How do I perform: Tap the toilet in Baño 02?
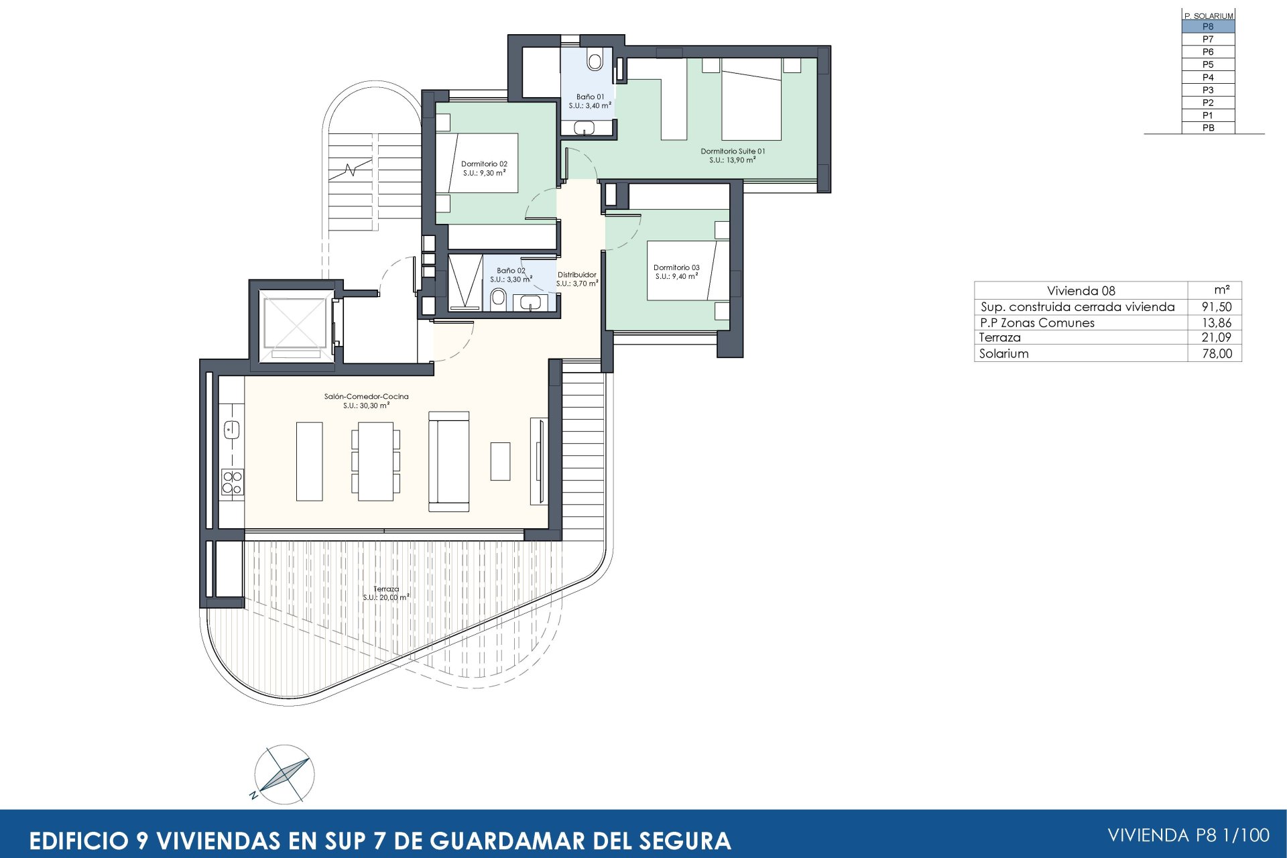click(498, 298)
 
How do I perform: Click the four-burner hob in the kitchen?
click(233, 483)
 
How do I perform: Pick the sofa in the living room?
click(448, 461)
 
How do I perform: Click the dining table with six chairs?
click(375, 461)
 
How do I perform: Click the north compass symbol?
click(284, 774)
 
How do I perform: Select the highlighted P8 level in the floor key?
click(1207, 27)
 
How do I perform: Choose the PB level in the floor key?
click(1207, 128)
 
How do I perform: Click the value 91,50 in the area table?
click(1216, 307)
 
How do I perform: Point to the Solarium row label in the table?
click(1003, 354)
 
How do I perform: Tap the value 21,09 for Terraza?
click(1216, 338)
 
